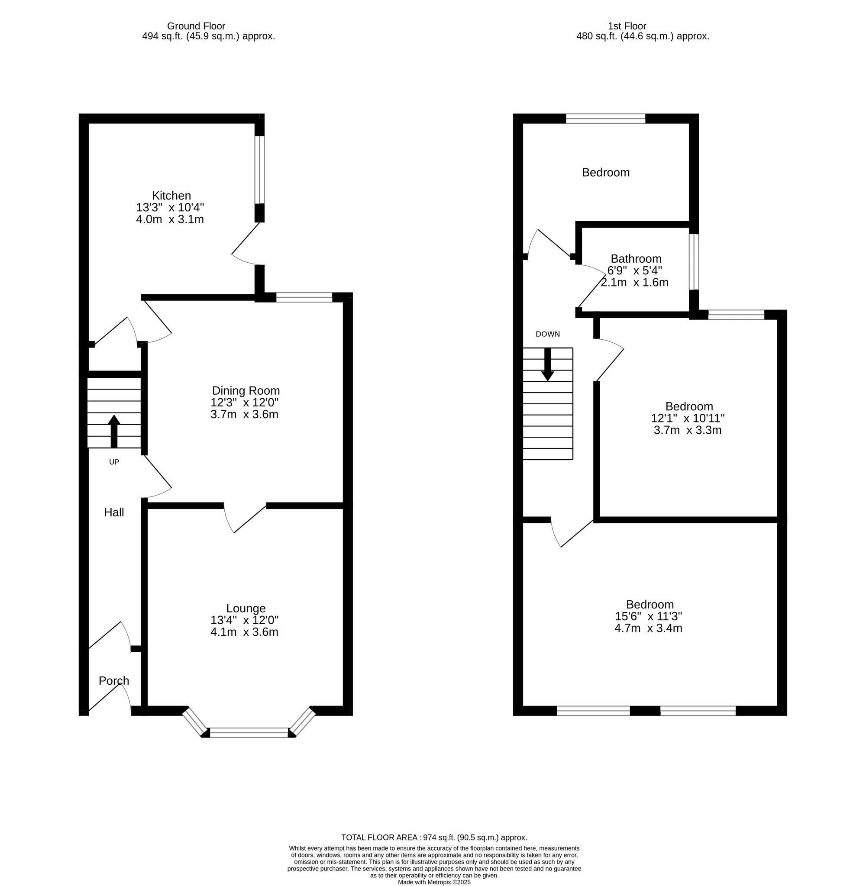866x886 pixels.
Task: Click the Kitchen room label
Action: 171,196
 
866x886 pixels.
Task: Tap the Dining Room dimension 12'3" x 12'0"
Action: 244,402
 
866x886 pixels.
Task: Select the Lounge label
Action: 246,608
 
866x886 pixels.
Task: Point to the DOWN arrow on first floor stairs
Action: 548,364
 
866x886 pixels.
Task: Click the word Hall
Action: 114,512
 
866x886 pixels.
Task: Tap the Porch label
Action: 114,680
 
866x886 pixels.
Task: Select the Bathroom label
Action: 636,259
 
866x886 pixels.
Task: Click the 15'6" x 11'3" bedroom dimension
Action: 649,616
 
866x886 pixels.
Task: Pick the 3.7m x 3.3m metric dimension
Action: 687,430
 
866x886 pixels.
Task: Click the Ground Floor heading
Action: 196,26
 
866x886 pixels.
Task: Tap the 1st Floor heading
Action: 627,26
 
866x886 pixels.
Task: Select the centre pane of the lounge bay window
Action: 249,732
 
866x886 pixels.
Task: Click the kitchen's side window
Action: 259,170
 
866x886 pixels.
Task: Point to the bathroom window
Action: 694,261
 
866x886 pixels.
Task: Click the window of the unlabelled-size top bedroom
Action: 605,119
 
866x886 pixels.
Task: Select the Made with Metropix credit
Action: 434,882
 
